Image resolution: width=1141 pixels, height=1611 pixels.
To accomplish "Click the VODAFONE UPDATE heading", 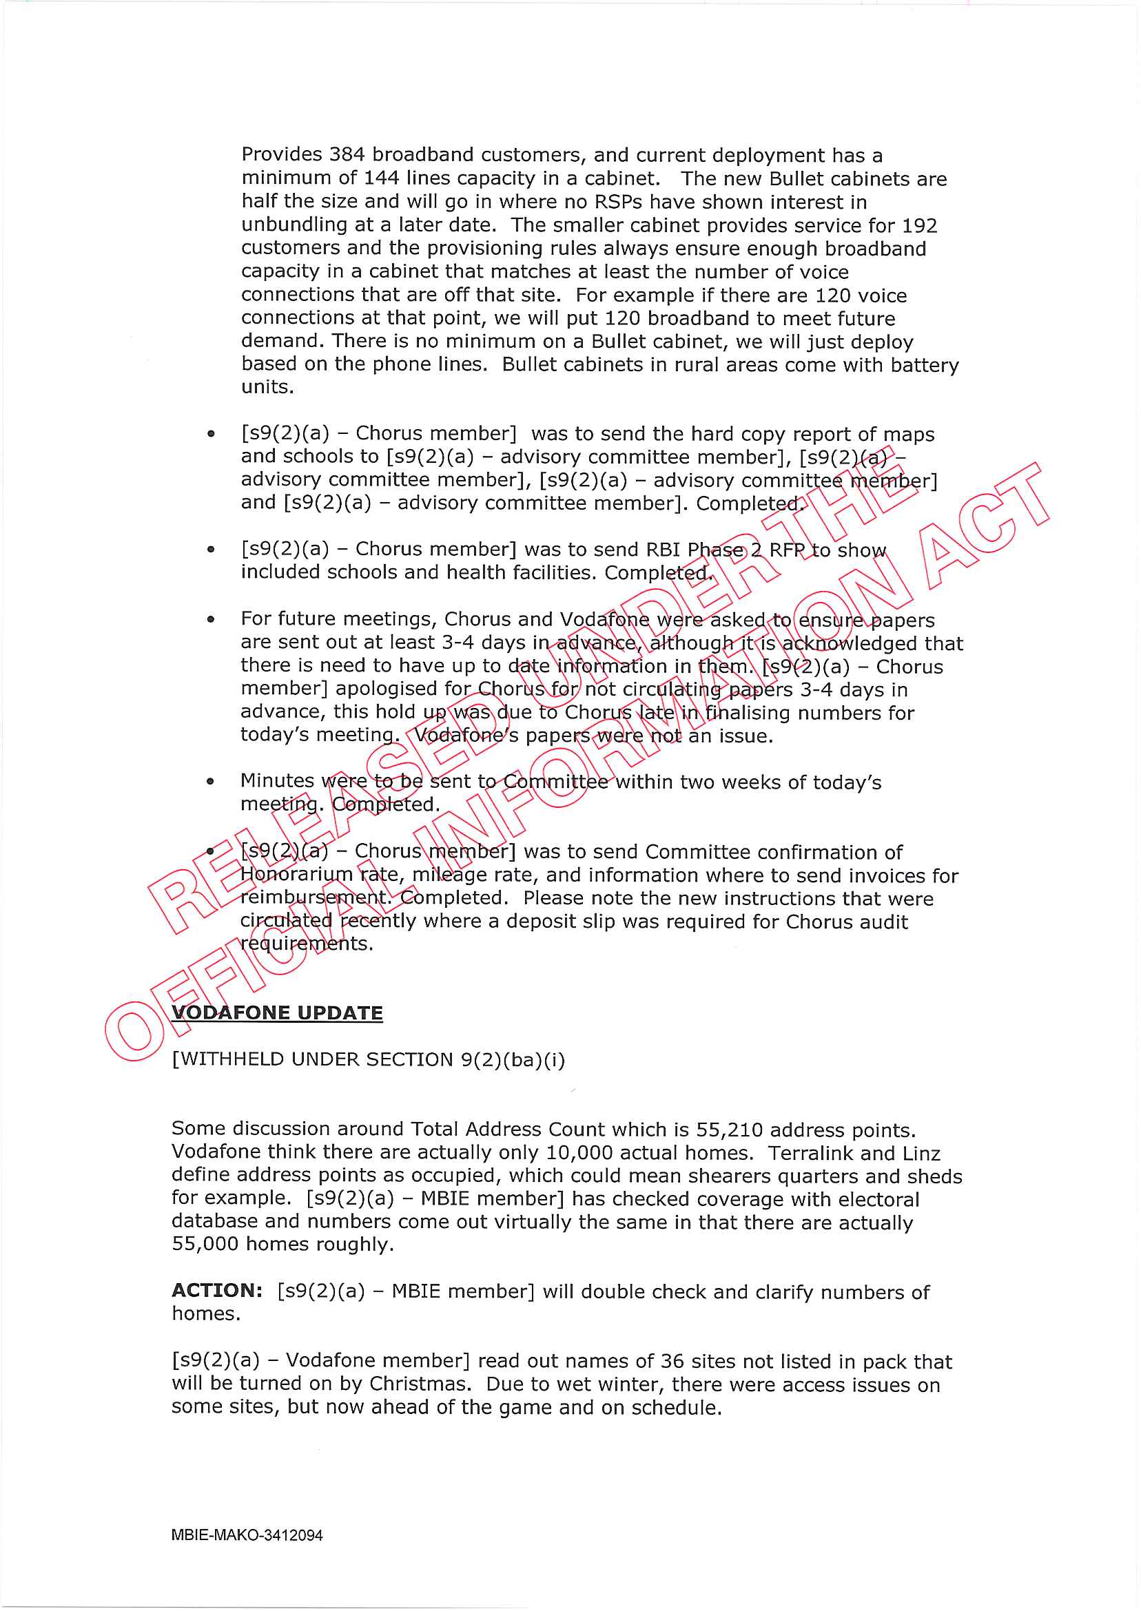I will point(277,1012).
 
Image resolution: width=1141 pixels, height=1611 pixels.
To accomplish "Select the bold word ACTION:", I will point(217,1291).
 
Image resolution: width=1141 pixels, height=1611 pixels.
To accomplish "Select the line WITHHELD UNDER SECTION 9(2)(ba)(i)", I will point(368,1059).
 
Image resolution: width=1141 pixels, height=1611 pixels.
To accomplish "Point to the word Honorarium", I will point(296,875).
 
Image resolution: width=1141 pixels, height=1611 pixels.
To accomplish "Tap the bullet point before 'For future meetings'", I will point(211,619).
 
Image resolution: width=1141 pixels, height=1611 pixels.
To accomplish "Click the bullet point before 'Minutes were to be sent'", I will point(211,781).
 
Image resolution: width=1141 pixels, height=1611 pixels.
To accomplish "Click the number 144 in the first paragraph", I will point(382,178).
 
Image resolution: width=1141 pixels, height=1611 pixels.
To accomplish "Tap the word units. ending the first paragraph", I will point(267,388).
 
